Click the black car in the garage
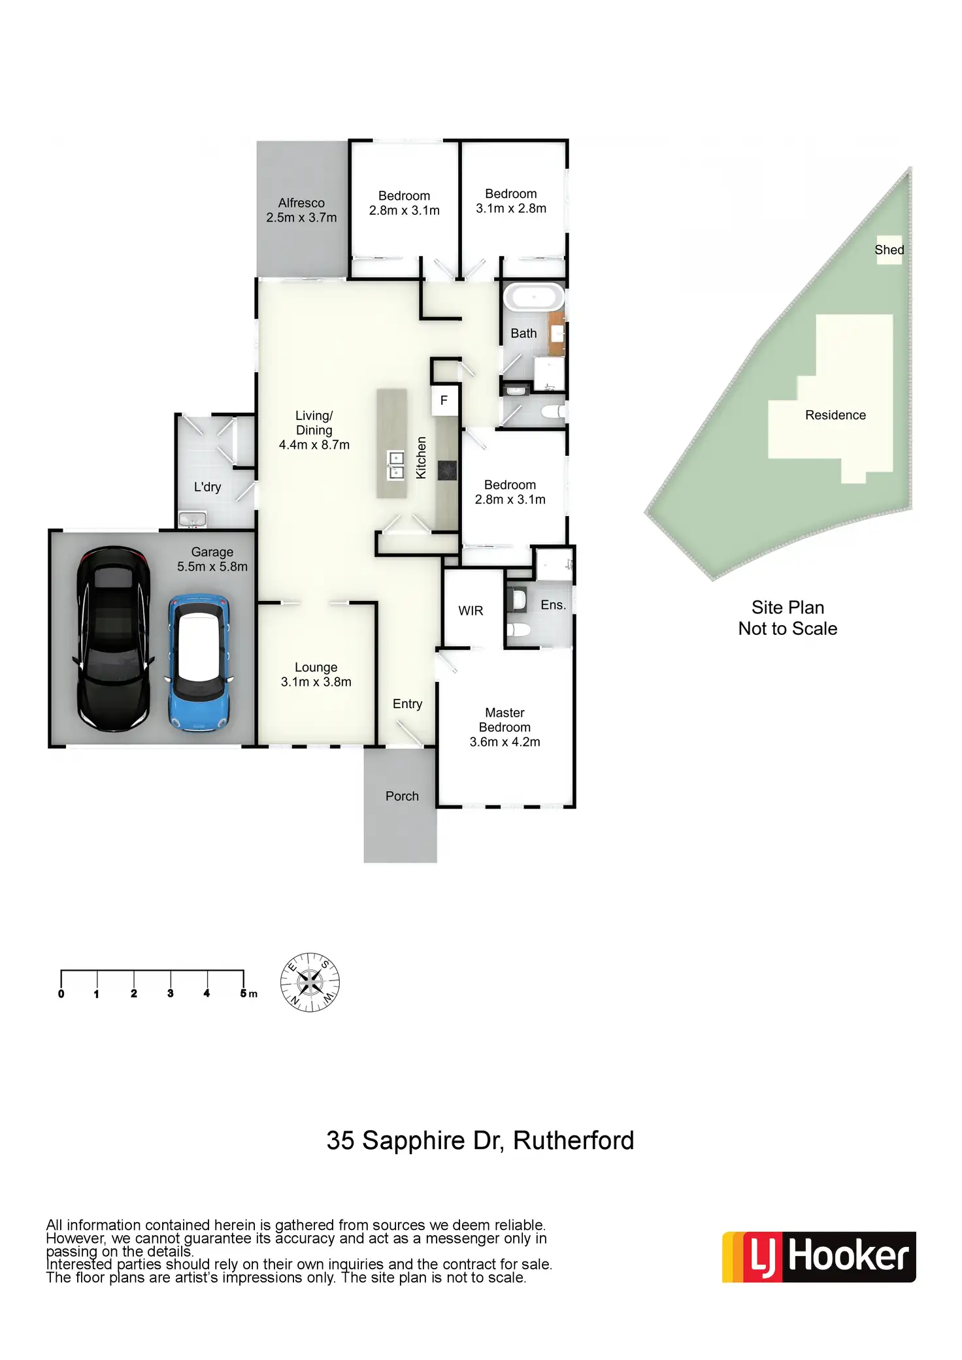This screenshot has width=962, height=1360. [x=114, y=638]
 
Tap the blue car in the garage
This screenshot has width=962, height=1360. [x=199, y=662]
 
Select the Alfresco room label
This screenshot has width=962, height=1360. [x=301, y=203]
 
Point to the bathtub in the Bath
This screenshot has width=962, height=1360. [x=534, y=298]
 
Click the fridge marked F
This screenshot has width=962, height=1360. [x=444, y=400]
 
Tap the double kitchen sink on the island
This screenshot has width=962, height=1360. [x=396, y=464]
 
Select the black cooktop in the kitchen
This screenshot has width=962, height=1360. [x=447, y=470]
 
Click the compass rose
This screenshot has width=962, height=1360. [x=310, y=982]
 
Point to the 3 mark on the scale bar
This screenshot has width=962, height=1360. [x=171, y=994]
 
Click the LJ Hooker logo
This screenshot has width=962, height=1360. [x=819, y=1257]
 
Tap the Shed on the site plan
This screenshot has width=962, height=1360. [x=889, y=250]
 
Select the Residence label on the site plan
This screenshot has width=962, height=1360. [x=835, y=415]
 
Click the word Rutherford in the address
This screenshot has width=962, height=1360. [x=573, y=1141]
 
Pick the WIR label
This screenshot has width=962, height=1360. [x=471, y=611]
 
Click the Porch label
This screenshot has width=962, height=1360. [x=402, y=796]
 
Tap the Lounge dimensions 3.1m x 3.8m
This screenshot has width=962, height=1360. [x=316, y=682]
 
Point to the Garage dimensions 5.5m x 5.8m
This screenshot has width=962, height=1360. [x=212, y=567]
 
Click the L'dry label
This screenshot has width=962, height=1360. [x=207, y=487]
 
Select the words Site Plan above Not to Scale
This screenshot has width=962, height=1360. [x=788, y=607]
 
